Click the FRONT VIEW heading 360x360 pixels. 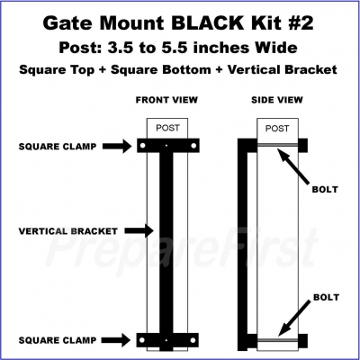(x=166, y=100)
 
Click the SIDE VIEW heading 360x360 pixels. (x=277, y=100)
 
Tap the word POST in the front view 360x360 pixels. (x=167, y=128)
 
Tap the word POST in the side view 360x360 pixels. (x=277, y=129)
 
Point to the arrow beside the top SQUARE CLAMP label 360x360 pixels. (x=117, y=147)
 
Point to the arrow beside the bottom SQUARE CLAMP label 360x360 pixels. (x=116, y=340)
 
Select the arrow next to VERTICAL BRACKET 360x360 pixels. (x=139, y=230)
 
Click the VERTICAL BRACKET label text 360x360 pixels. (x=68, y=231)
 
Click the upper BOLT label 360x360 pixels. (x=325, y=190)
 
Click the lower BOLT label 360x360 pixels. (x=326, y=297)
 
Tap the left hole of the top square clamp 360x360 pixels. (x=143, y=146)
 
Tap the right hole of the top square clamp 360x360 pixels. (x=193, y=146)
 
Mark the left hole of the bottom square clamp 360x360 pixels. (x=142, y=340)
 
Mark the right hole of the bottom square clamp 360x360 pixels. (x=193, y=340)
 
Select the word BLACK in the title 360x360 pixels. (x=207, y=23)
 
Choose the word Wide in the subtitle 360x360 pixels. (x=275, y=48)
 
